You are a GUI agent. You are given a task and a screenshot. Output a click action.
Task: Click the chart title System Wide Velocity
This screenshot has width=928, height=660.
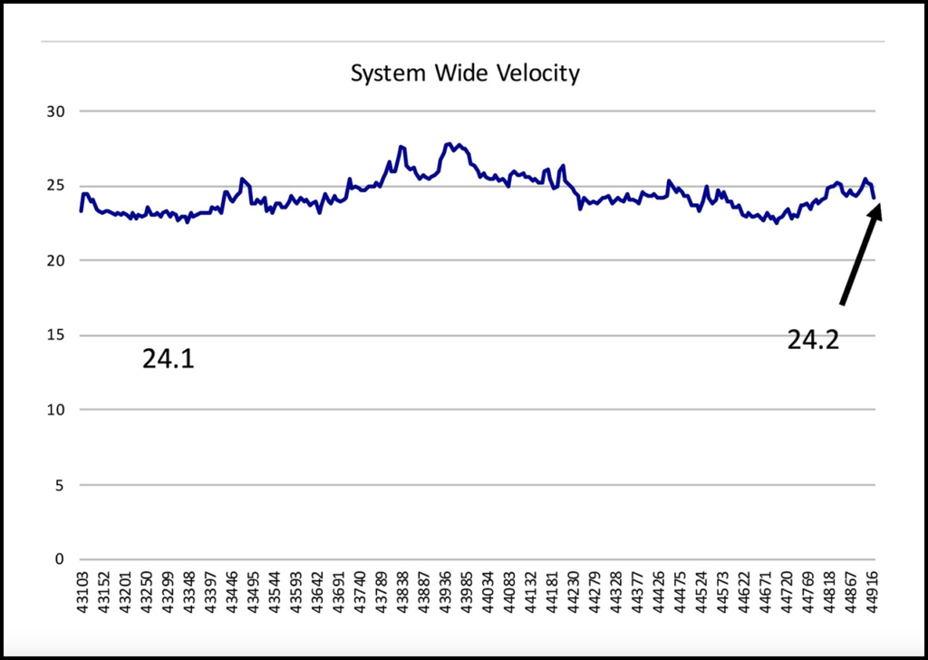[464, 73]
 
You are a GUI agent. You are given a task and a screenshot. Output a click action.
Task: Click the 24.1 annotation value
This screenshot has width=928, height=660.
[169, 360]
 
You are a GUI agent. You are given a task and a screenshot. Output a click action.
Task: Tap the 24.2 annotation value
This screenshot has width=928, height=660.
[813, 340]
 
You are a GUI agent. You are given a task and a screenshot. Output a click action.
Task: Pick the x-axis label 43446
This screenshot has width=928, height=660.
[231, 589]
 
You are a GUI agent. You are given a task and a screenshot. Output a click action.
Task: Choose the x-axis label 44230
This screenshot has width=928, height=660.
[575, 589]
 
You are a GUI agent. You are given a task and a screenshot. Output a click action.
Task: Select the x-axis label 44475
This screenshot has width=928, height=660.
[682, 589]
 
